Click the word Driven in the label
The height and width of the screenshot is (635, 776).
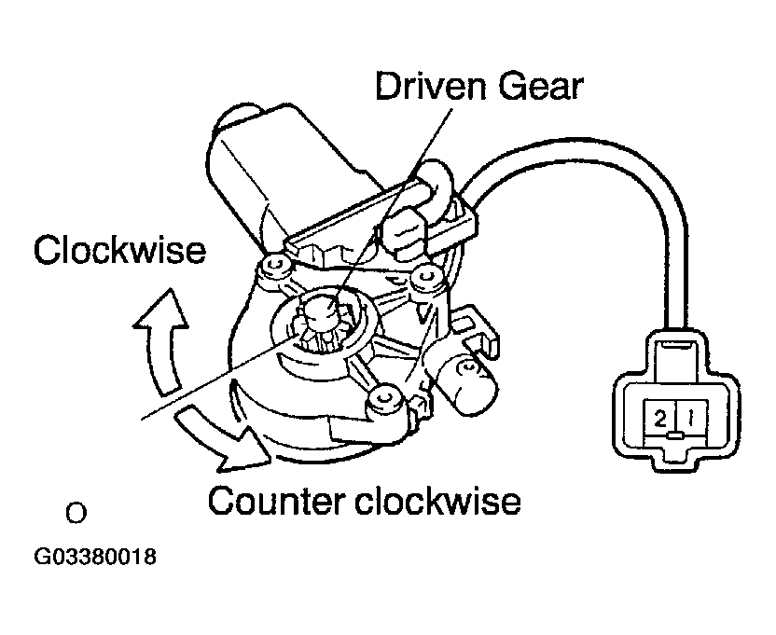tap(425, 88)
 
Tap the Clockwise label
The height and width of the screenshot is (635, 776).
tap(118, 250)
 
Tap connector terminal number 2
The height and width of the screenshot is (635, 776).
tap(660, 418)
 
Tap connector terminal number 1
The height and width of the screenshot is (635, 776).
tap(688, 418)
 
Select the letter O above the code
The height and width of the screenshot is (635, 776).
tap(75, 513)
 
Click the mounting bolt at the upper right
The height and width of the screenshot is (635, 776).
tap(429, 276)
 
